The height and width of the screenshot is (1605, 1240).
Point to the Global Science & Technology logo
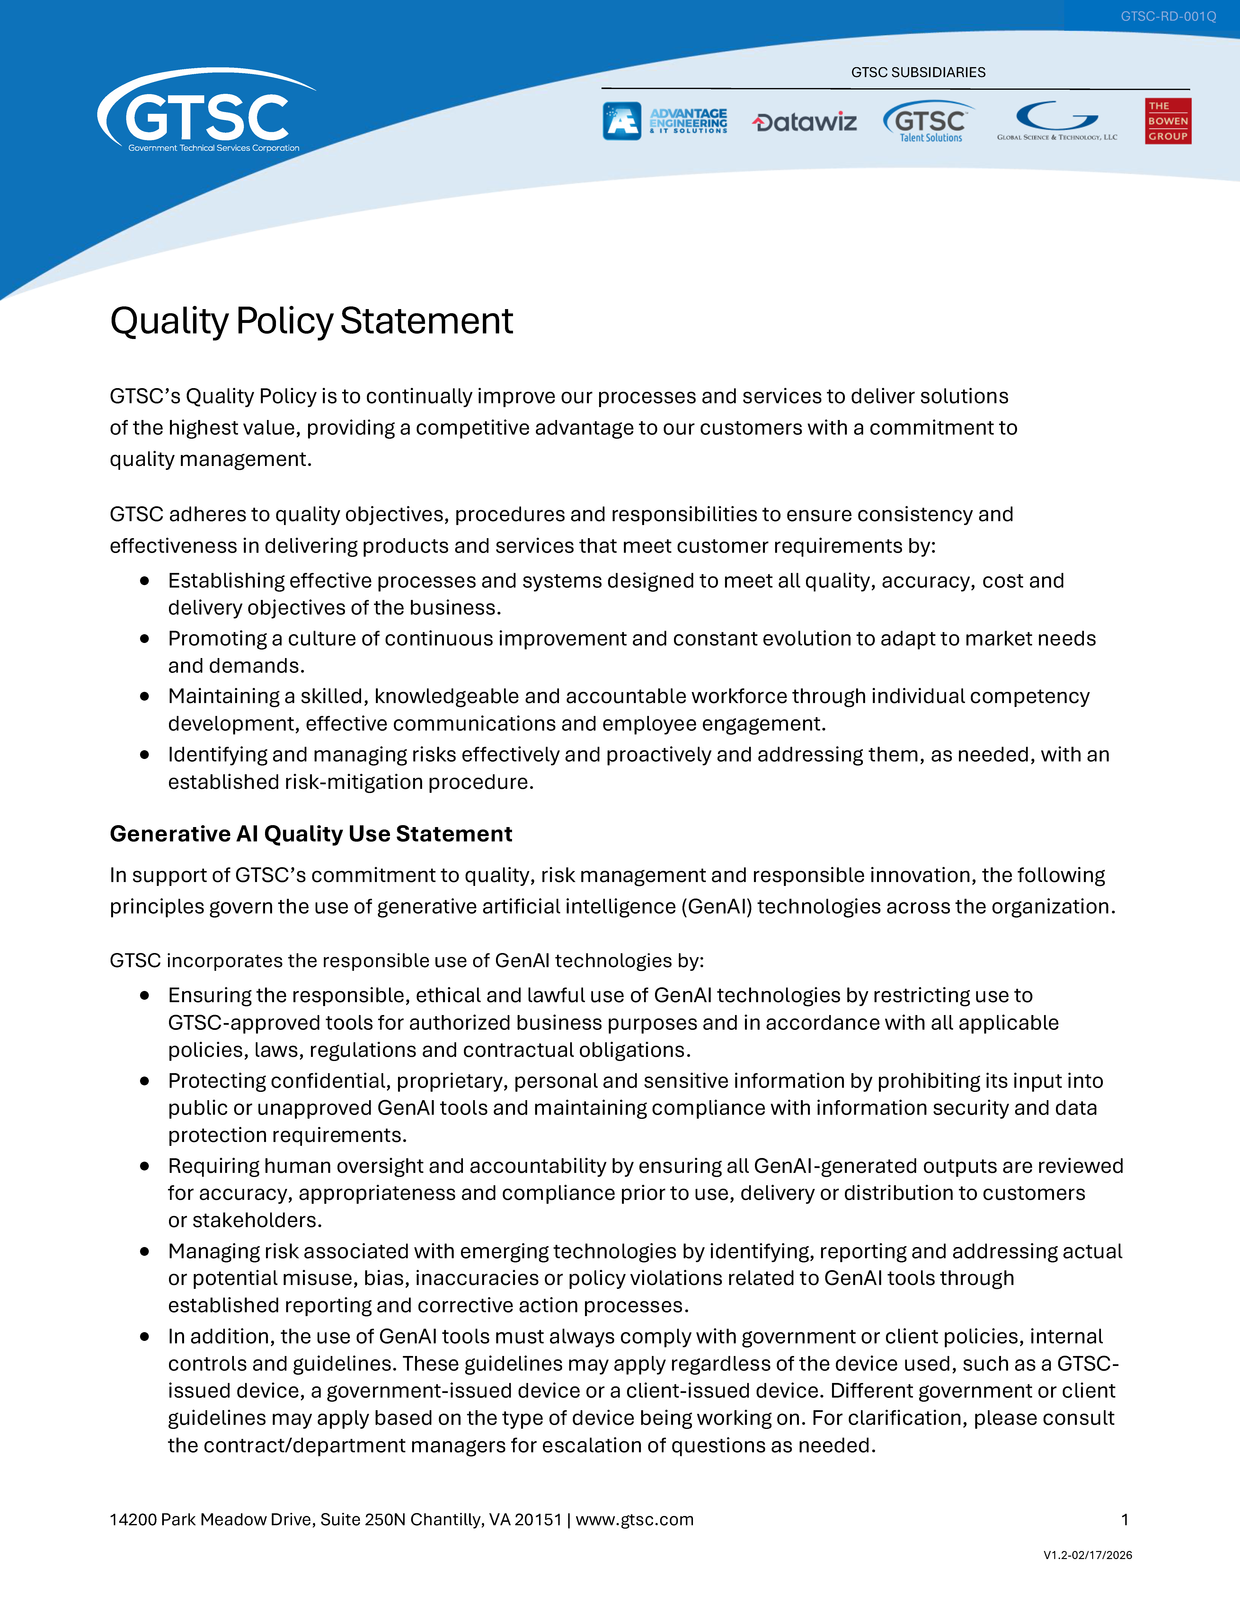click(1057, 121)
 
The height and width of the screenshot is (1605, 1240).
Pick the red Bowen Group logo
click(1167, 121)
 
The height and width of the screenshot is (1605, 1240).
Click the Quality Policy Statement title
click(311, 321)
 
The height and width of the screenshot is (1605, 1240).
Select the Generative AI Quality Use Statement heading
click(311, 834)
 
